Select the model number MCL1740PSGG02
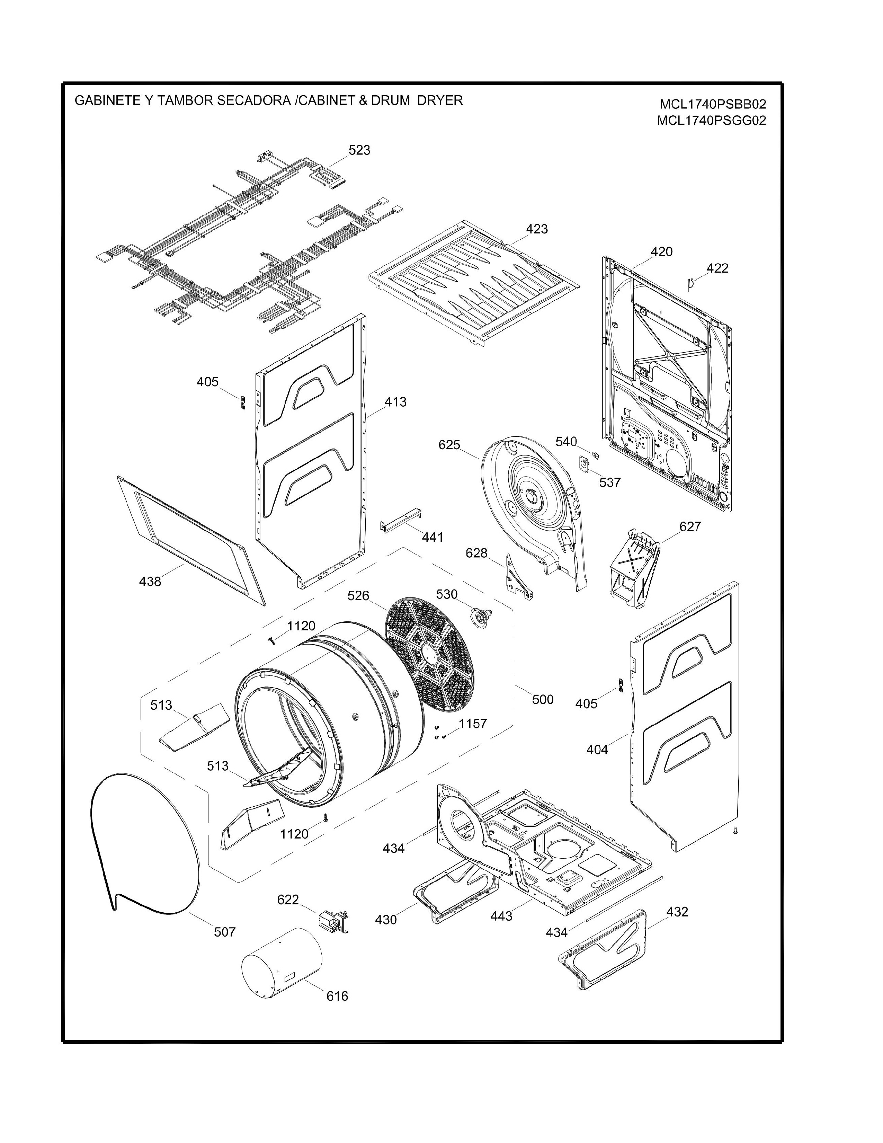click(x=712, y=121)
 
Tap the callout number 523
click(x=359, y=150)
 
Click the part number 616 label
click(x=337, y=996)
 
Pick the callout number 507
click(x=225, y=932)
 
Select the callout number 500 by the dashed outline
click(x=543, y=700)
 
